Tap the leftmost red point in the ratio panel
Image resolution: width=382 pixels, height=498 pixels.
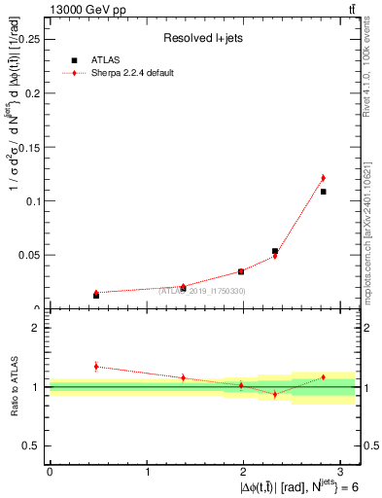(96, 367)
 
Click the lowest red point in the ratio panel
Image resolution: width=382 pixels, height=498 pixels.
(275, 394)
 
